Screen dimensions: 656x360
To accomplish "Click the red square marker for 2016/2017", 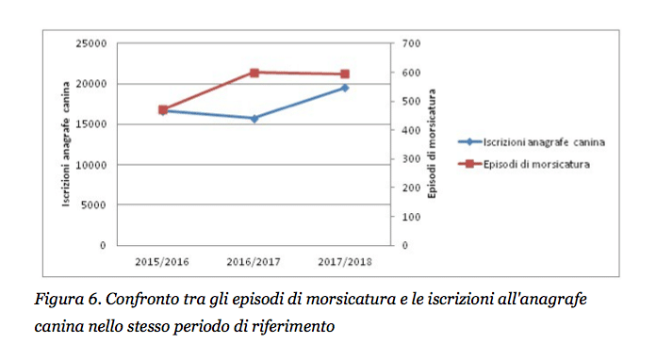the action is point(254,73).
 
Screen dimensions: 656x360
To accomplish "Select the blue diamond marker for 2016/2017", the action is point(254,119).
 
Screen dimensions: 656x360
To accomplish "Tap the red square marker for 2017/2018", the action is point(345,74).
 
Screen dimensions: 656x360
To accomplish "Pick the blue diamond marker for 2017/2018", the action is point(345,88).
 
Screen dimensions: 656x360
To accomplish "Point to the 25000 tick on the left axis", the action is point(91,43).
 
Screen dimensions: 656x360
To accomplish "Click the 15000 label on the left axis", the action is point(91,124).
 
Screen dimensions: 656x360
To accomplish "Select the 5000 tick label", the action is point(93,205).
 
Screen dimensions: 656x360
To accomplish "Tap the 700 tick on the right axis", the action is point(412,43).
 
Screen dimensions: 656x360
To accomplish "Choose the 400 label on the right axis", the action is point(412,130).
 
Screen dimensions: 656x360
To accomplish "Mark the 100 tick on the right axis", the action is point(412,217).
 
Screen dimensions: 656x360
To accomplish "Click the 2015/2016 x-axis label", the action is point(162,262).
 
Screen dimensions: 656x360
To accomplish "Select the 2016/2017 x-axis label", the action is point(254,262).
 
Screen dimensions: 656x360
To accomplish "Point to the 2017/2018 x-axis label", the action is point(345,262).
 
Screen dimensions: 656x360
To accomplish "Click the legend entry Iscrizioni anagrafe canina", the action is point(532,142).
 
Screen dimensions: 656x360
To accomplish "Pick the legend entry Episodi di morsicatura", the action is point(524,164).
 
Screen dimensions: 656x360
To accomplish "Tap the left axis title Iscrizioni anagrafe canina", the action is point(66,144).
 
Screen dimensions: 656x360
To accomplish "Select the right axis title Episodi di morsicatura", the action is point(432,143).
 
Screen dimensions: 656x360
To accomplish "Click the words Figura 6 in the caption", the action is point(68,300).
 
